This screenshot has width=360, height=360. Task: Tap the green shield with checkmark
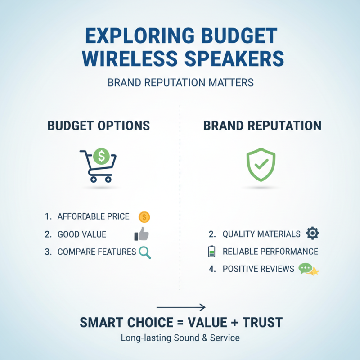[x=261, y=164]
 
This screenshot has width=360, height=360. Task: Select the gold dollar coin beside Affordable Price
[x=144, y=217]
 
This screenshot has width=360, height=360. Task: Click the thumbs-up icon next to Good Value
[x=142, y=234]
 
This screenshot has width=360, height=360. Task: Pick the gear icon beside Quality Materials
[x=312, y=234]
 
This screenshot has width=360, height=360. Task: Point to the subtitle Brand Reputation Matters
[x=180, y=83]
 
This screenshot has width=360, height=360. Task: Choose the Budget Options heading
[x=99, y=126]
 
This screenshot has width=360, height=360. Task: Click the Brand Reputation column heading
[x=262, y=126]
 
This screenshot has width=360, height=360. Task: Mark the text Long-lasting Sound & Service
[x=180, y=338]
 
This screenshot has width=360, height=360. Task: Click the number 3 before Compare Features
[x=48, y=252]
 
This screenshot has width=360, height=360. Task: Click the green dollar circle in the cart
[x=102, y=156]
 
